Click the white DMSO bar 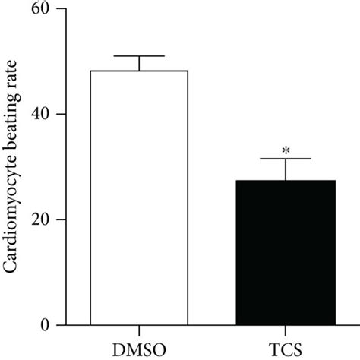click(139, 197)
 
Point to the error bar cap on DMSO click(139, 56)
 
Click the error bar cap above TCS click(286, 159)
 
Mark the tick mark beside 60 click(59, 9)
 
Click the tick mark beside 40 click(59, 115)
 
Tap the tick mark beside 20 click(59, 220)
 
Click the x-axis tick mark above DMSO click(139, 330)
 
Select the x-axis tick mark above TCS click(286, 330)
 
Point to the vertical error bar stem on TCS click(286, 169)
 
